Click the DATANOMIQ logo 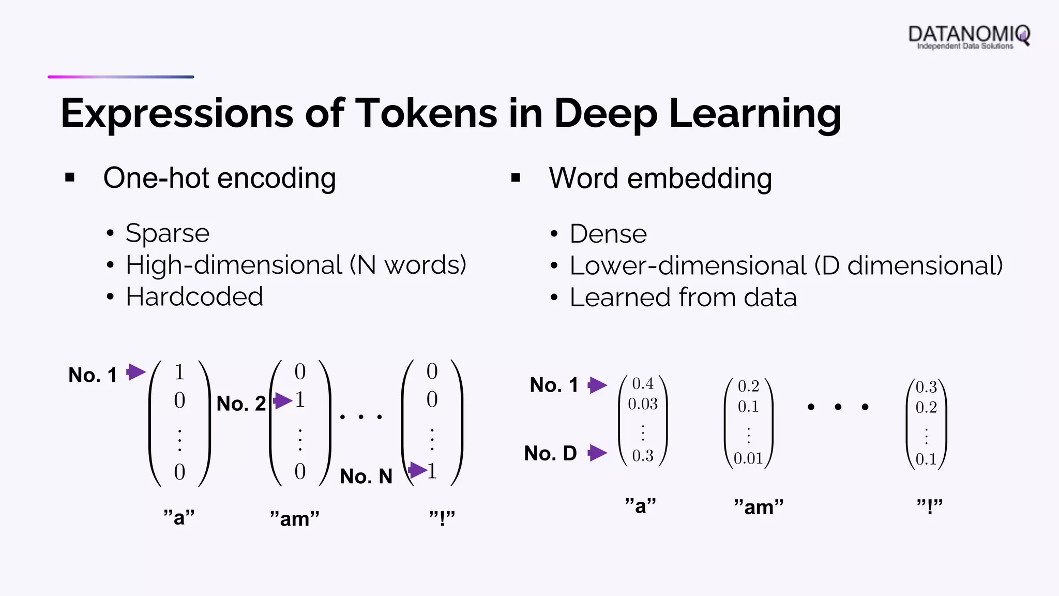point(969,36)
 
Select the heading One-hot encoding point(219,178)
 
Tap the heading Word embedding point(660,178)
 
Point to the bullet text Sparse point(168,233)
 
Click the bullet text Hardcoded point(194,297)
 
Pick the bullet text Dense point(608,234)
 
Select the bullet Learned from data point(683,297)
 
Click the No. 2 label point(241,404)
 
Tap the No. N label point(366,476)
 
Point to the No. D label point(550,453)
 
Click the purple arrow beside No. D point(597,453)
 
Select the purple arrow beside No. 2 point(282,400)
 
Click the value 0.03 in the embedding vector point(643,404)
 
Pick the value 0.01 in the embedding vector point(748,458)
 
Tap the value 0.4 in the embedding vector point(643,383)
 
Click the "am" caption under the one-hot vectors point(295,518)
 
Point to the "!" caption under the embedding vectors point(930,506)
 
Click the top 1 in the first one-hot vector point(179,372)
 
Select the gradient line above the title point(121,77)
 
